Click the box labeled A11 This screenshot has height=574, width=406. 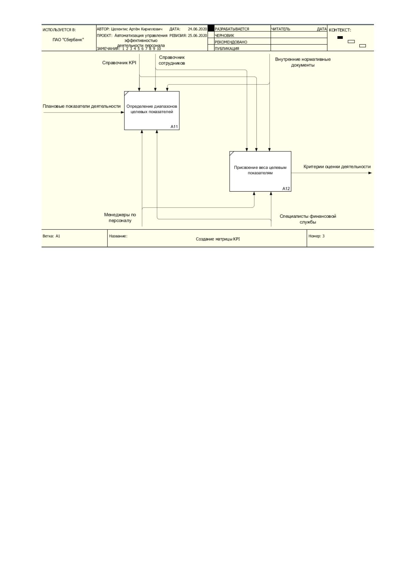(152, 110)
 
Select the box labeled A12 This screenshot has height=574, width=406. (260, 171)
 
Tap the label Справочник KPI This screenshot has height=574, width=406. (119, 63)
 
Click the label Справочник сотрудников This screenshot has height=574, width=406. (172, 60)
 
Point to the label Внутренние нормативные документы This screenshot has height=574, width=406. (303, 62)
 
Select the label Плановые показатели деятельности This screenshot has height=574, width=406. (81, 106)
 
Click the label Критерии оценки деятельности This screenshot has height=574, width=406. (337, 167)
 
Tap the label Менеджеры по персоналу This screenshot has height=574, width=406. (120, 217)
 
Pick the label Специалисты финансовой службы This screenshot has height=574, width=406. (307, 219)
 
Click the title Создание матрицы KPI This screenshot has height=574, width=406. (218, 239)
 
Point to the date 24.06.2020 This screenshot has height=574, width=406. (197, 29)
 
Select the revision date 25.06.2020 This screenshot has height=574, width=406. (197, 35)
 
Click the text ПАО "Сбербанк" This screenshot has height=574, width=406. (68, 40)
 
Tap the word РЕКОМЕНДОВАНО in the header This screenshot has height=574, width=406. (231, 42)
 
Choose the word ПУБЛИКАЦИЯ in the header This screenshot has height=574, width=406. (227, 48)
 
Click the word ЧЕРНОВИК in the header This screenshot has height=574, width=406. (224, 35)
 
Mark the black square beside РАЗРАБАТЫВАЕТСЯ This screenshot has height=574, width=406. (211, 28)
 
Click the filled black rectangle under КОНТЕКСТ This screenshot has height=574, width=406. (340, 37)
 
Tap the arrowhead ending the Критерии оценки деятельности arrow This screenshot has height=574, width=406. (370, 173)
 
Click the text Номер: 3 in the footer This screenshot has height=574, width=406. (316, 236)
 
